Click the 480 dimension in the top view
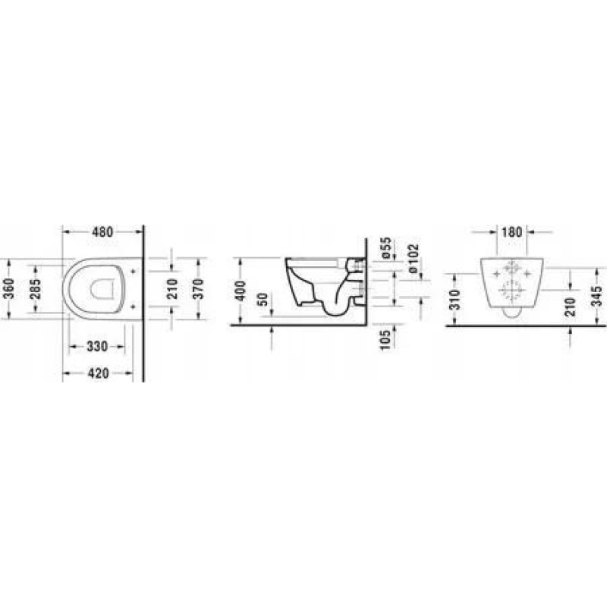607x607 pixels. (x=102, y=232)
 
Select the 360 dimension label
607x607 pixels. (x=8, y=288)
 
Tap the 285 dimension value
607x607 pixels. (x=36, y=289)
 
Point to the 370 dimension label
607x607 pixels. (x=198, y=288)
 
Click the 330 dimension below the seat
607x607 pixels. (x=97, y=346)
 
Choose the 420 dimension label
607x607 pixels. (x=99, y=373)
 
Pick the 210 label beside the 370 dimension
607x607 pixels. (x=172, y=288)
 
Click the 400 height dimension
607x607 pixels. (x=241, y=291)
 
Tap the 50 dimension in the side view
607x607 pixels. (x=263, y=299)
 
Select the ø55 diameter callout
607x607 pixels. (x=387, y=248)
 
